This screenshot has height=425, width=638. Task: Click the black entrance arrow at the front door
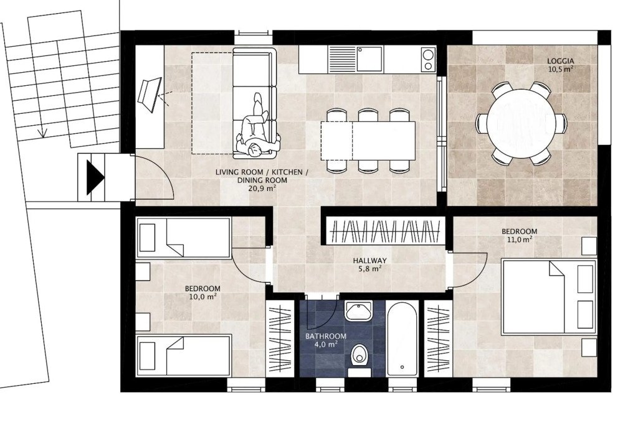(x=95, y=177)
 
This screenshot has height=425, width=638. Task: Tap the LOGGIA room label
(x=560, y=61)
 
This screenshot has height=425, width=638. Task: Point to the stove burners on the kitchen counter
(x=428, y=59)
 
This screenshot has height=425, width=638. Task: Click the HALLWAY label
(x=369, y=261)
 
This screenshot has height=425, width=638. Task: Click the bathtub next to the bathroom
(x=402, y=339)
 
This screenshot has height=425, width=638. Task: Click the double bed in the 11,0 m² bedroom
(x=548, y=297)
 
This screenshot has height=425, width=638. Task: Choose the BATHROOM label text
(x=326, y=337)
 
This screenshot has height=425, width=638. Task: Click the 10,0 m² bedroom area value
(x=202, y=297)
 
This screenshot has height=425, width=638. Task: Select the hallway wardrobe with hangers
(x=384, y=231)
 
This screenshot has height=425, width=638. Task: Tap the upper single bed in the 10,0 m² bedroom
(x=184, y=238)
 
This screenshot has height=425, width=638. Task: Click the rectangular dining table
(x=368, y=141)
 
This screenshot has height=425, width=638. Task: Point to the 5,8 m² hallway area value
(x=369, y=269)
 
